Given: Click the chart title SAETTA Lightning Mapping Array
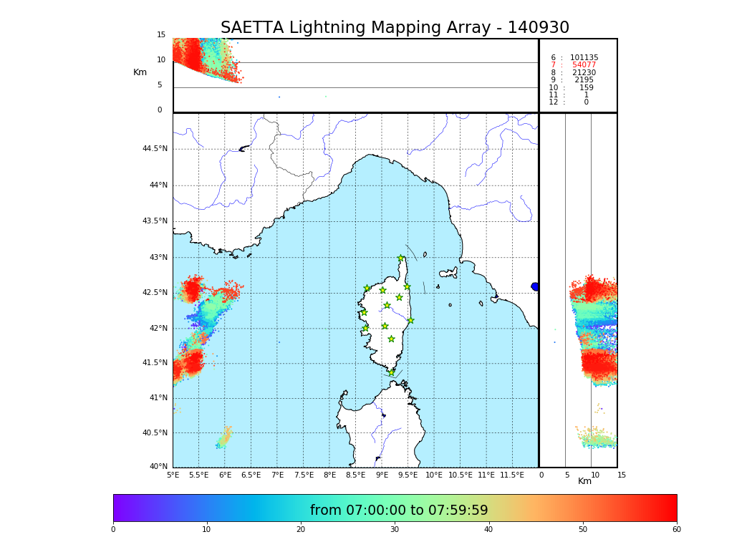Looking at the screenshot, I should point(395,28).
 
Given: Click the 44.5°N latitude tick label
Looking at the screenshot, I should point(155,149).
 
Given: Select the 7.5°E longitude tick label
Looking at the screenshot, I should point(304,475).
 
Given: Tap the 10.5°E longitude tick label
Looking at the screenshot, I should point(461,475).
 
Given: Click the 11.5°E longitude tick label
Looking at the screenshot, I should point(512,475).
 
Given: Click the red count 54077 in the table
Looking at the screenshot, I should point(584,65).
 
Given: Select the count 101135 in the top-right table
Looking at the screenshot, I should point(584,58).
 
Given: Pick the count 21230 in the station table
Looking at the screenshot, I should point(584,73).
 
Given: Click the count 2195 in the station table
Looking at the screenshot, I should point(584,80).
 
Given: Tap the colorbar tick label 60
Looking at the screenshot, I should point(676,530).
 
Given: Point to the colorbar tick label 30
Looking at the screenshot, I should point(395,530).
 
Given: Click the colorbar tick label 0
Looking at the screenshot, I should point(113,530).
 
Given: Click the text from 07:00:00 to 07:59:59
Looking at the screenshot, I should point(399,511).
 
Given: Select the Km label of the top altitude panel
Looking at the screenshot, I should point(140,72).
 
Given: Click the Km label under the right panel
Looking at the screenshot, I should point(584,482).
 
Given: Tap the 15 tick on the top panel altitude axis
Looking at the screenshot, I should point(161,35).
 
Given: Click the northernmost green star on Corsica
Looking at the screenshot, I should point(401,258).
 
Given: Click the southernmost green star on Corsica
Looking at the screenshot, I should point(391,372).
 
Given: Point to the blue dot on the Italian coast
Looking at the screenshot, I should point(534,286).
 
